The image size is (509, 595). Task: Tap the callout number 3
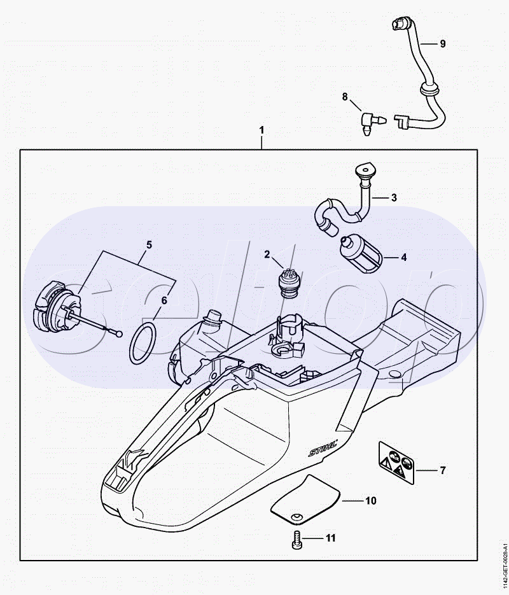(x=394, y=198)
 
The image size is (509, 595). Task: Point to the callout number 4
(x=403, y=258)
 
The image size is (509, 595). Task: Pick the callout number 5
(x=149, y=244)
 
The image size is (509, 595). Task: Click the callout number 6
(x=164, y=301)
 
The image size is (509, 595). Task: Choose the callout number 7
(x=443, y=471)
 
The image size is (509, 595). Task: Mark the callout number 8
(x=345, y=97)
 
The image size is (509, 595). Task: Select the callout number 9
(x=443, y=44)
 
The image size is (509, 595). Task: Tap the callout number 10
(x=370, y=501)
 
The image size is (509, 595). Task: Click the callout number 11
(x=330, y=538)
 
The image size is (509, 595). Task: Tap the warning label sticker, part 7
(x=396, y=461)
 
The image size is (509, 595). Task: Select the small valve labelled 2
(x=289, y=284)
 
